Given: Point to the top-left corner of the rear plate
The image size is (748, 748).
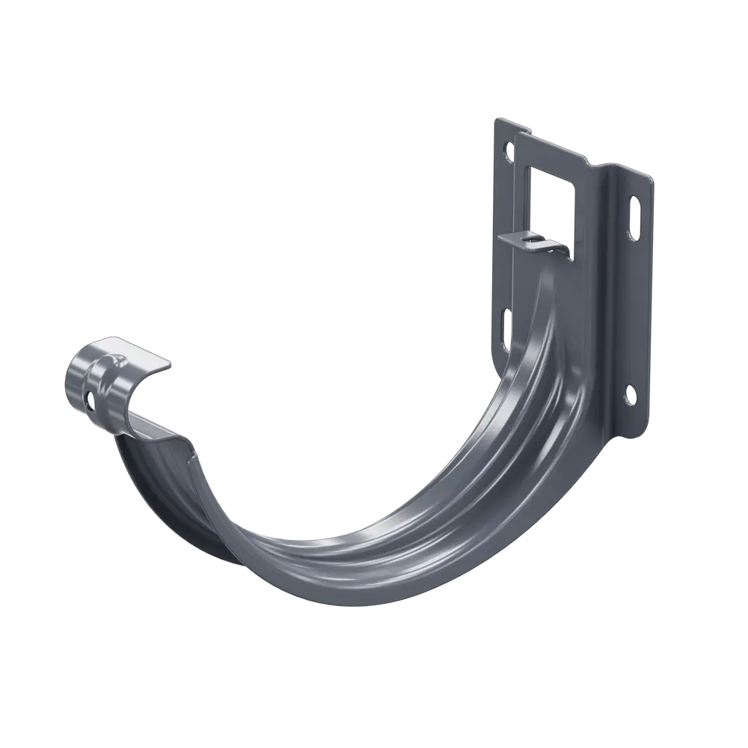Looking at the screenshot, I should (x=496, y=117).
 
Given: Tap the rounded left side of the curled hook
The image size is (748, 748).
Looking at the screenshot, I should (x=75, y=381).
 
